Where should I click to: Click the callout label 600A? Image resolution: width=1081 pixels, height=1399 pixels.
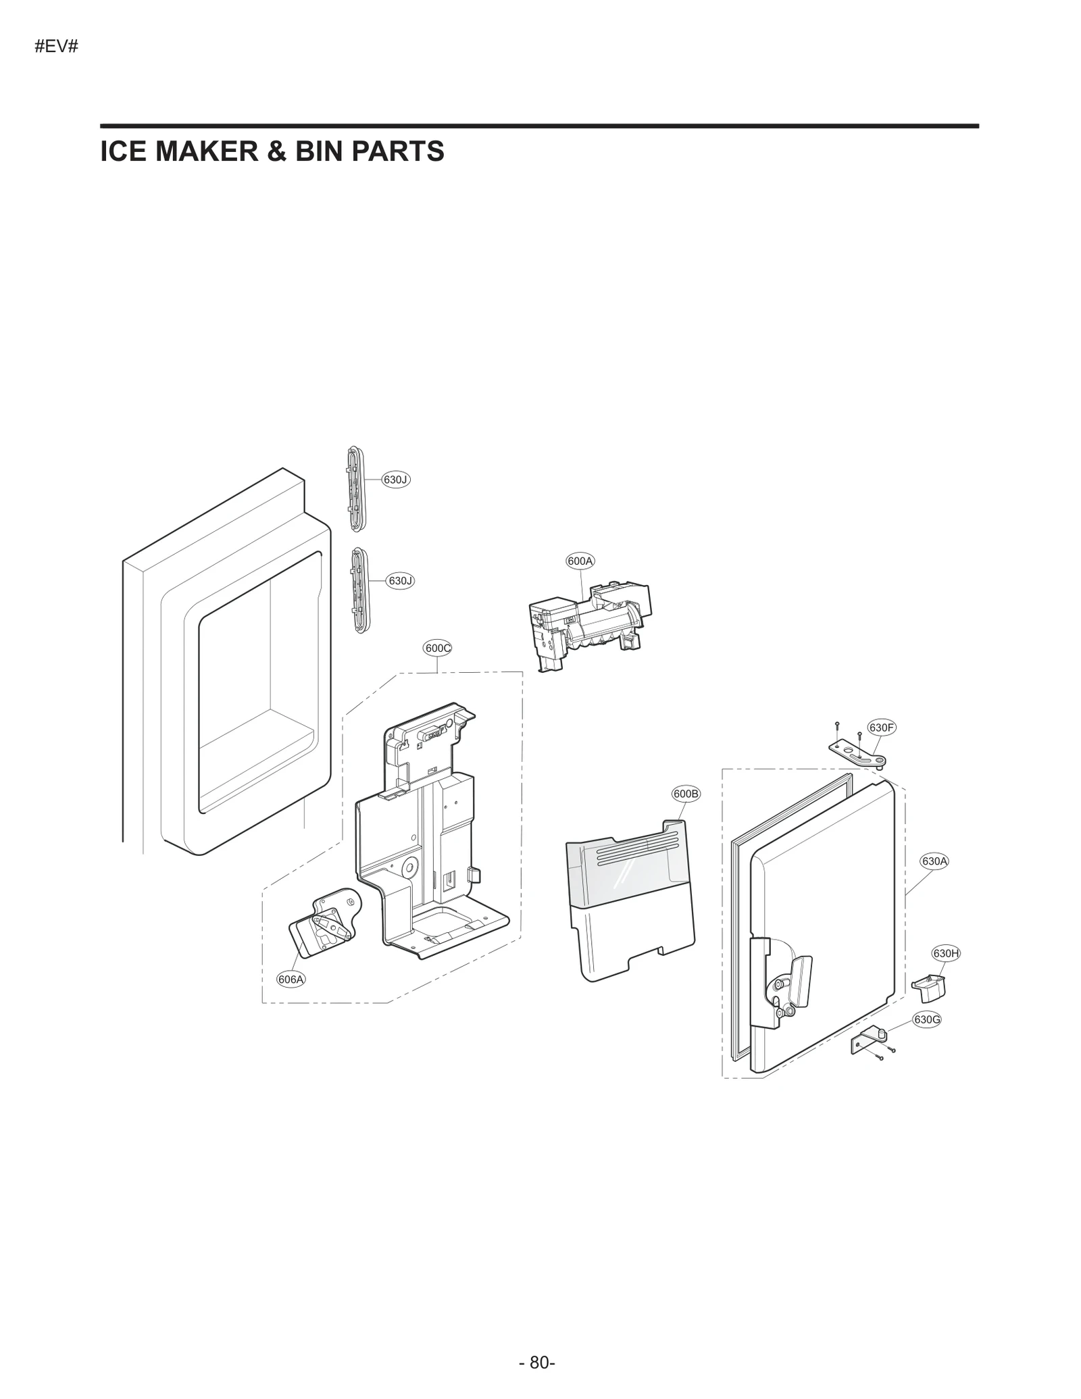580,561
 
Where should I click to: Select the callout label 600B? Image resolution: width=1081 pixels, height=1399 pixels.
686,794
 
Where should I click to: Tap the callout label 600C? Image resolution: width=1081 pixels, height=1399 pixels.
437,648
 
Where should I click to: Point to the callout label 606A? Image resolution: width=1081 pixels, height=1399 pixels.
291,979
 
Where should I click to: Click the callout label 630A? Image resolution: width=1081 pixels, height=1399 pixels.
934,861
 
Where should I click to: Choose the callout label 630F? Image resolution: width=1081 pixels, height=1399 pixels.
882,728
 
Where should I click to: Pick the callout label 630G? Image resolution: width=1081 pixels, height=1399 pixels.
926,1019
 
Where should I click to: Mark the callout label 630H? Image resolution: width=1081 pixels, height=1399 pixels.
946,953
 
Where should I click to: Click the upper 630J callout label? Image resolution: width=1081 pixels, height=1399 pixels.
395,480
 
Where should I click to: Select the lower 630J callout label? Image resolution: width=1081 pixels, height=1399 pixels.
399,581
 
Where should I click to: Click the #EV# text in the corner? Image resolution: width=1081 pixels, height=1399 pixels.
57,48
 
